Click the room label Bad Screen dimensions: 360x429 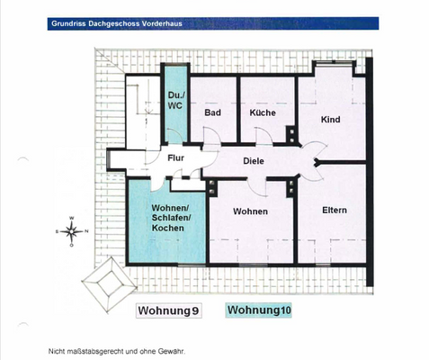[x=213, y=112]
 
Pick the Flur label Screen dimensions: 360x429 [x=176, y=157]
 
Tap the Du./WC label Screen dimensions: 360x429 [x=175, y=101]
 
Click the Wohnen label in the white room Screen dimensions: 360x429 [x=250, y=211]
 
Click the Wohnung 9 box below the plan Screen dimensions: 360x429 [x=168, y=311]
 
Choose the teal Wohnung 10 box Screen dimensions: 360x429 [x=261, y=310]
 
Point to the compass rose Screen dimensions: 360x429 [x=70, y=231]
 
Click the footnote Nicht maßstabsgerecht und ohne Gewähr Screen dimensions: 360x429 [x=117, y=351]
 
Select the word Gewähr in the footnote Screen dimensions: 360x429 [x=171, y=351]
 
